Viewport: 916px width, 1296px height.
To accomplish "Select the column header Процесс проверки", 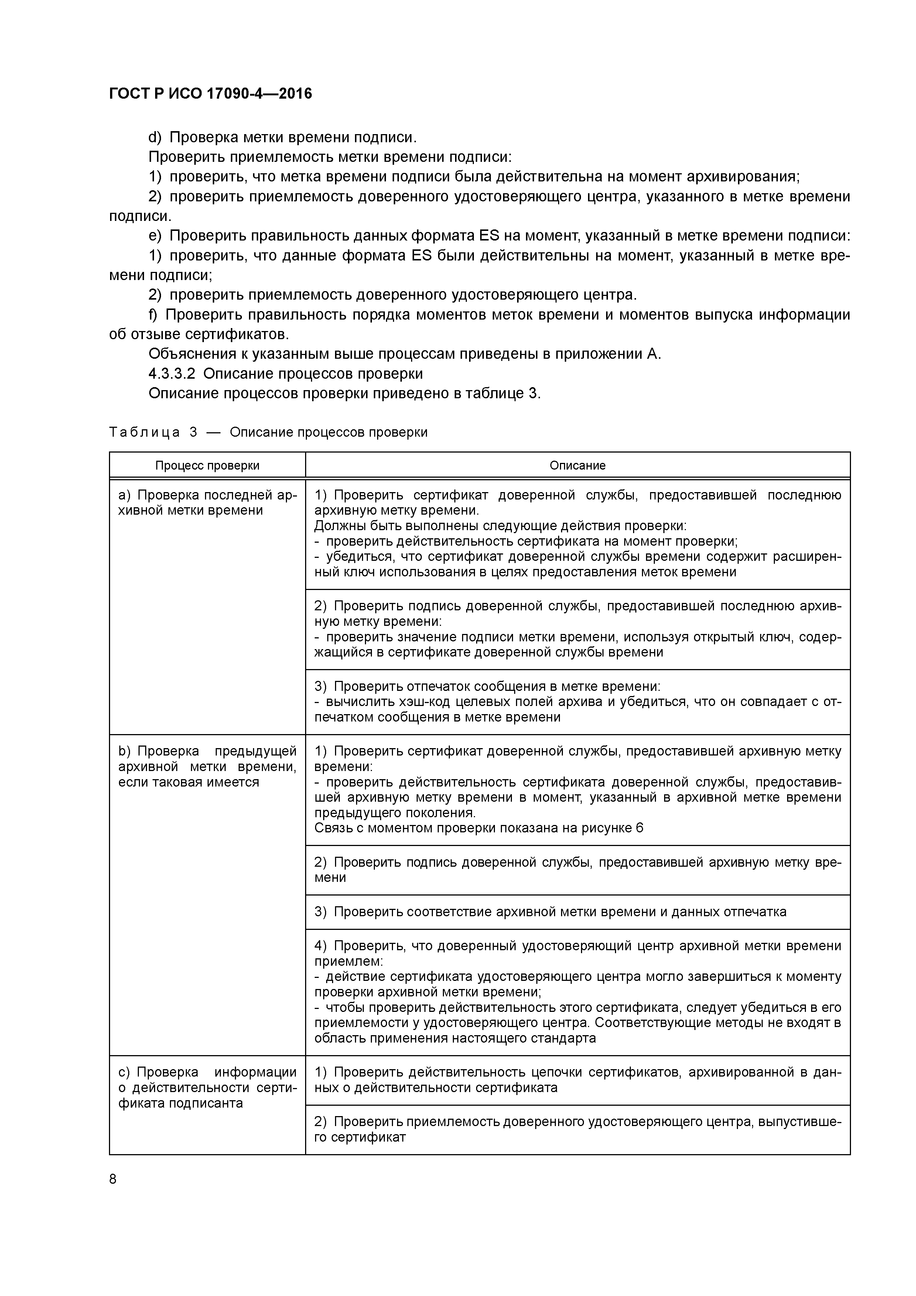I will click(207, 465).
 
